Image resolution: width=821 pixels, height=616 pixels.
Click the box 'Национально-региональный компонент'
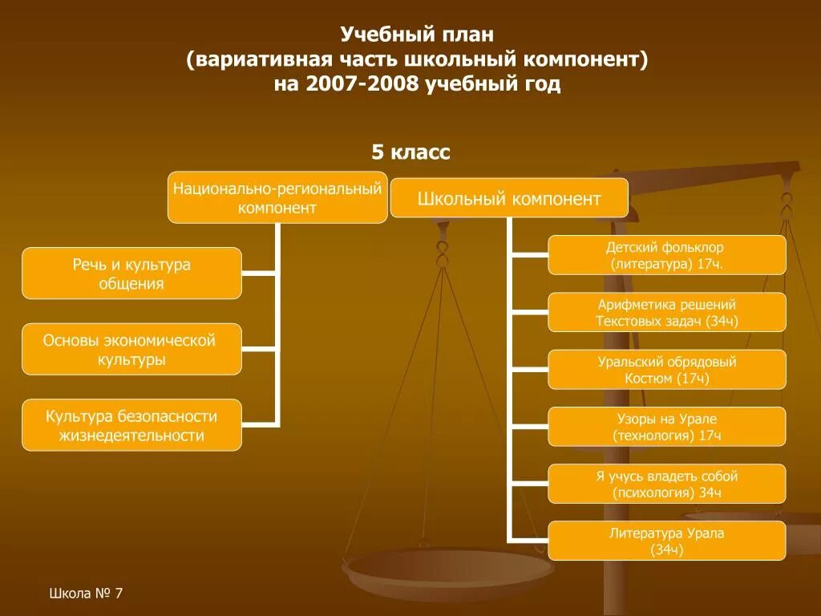click(x=277, y=197)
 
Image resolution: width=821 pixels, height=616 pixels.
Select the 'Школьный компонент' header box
click(x=509, y=198)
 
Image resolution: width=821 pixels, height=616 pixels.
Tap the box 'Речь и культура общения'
click(x=131, y=274)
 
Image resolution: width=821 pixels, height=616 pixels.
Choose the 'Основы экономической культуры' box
click(x=131, y=350)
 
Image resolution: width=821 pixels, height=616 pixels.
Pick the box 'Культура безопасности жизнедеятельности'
click(x=131, y=425)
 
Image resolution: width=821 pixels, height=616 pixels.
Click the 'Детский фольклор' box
click(x=667, y=255)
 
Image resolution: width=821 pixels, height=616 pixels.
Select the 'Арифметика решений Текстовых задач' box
click(x=667, y=313)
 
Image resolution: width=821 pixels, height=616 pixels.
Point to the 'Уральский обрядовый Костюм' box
click(x=667, y=370)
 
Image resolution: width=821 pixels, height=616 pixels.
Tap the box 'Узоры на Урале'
click(x=667, y=427)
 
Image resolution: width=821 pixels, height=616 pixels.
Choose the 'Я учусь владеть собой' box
click(x=667, y=484)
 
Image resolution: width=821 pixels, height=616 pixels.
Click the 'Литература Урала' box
click(x=667, y=541)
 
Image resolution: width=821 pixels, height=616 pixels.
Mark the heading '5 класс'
click(x=410, y=152)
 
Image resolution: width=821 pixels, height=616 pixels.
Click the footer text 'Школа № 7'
click(x=86, y=594)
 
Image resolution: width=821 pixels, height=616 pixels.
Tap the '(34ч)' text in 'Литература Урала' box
click(x=667, y=549)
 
